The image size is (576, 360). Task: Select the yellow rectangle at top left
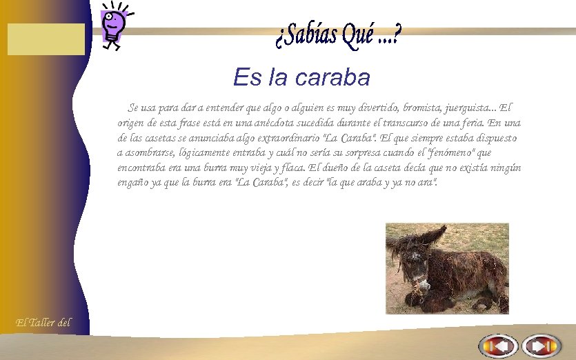point(46,39)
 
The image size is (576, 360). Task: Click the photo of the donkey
point(447,268)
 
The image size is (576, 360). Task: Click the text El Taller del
point(43,321)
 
